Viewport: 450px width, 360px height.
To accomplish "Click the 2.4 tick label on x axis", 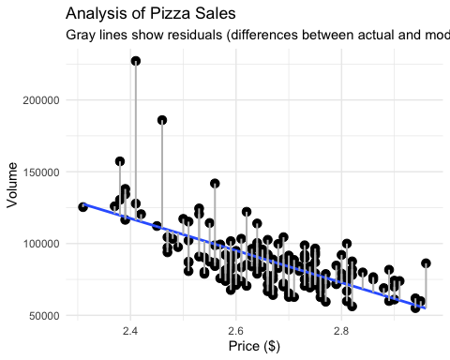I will point(130,330).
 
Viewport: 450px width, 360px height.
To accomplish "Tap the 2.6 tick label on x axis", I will point(235,330).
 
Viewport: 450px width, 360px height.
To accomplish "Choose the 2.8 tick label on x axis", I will point(341,330).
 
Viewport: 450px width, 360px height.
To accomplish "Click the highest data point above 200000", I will point(136,61).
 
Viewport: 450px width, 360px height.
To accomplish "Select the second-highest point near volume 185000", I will point(162,120).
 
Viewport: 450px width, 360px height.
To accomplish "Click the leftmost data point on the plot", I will point(82,207).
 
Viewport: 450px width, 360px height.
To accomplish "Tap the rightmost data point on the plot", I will point(427,263).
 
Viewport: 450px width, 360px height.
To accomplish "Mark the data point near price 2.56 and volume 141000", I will point(215,184).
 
